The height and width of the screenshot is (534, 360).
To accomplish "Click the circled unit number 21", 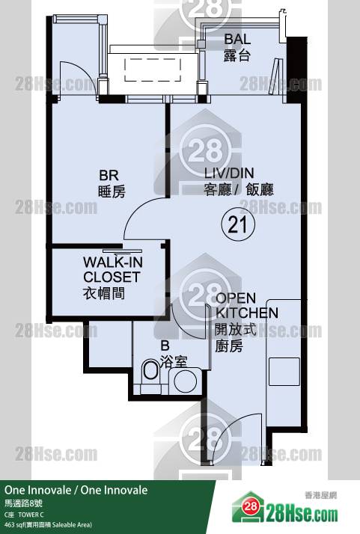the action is [x=238, y=224].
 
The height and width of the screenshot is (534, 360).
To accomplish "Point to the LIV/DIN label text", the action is [x=229, y=173].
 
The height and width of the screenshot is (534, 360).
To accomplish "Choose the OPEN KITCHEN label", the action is [x=247, y=305].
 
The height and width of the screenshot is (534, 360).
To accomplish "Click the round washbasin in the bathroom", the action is [x=186, y=381].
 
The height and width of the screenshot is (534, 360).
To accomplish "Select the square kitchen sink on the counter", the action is [x=284, y=372].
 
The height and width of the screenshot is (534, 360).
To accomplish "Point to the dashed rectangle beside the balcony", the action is [x=153, y=70].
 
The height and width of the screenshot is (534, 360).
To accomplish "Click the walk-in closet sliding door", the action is [x=122, y=251].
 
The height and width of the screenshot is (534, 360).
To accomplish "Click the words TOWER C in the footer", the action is [x=31, y=515].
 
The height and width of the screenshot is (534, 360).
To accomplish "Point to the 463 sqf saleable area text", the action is [x=48, y=525].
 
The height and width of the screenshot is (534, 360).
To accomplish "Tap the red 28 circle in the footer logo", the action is [x=251, y=506].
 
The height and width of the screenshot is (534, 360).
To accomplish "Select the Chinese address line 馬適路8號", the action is [x=23, y=503].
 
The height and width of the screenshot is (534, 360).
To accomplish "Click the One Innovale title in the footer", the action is [x=76, y=490].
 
